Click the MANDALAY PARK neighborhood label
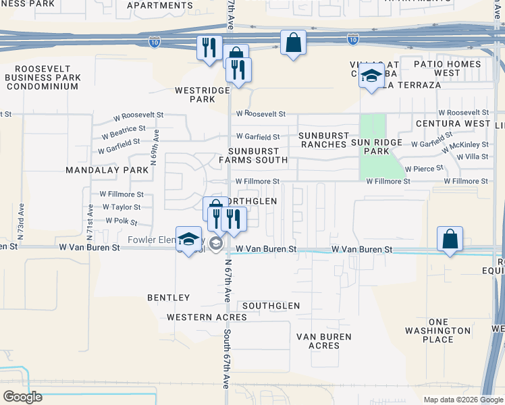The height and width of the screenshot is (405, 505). (107, 170)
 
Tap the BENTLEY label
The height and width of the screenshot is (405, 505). (169, 298)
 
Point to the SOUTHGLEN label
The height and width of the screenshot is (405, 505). (271, 306)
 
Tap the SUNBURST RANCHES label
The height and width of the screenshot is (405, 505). (323, 140)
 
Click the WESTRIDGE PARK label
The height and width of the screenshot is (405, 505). (194, 94)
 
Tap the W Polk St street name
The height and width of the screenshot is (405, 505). (122, 221)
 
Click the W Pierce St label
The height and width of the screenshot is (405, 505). (424, 168)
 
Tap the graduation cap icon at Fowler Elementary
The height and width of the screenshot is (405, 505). (189, 238)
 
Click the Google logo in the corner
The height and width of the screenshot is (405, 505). (22, 397)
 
